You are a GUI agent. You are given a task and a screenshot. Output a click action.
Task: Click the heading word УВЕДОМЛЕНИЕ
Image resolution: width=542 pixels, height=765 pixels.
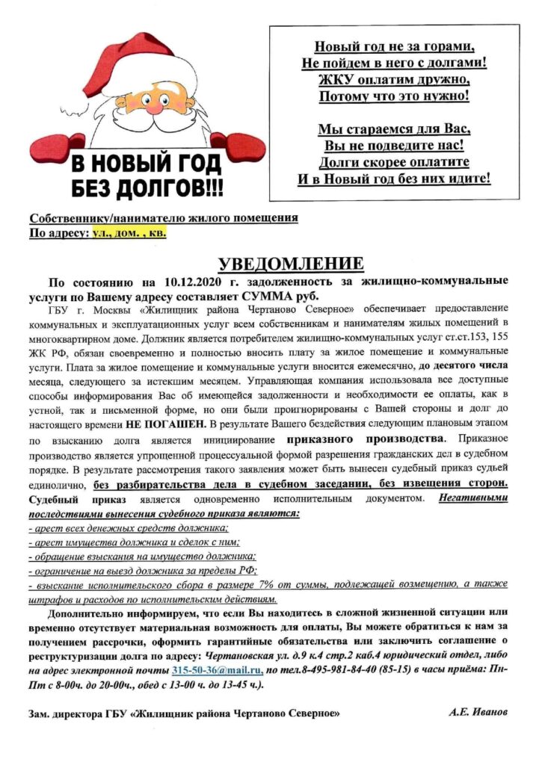pos(290,264)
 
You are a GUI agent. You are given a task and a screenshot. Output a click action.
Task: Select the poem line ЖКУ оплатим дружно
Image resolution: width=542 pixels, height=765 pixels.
pos(394,80)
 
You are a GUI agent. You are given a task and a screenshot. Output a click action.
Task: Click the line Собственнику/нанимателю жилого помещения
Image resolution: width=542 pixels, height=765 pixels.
pos(163,218)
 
